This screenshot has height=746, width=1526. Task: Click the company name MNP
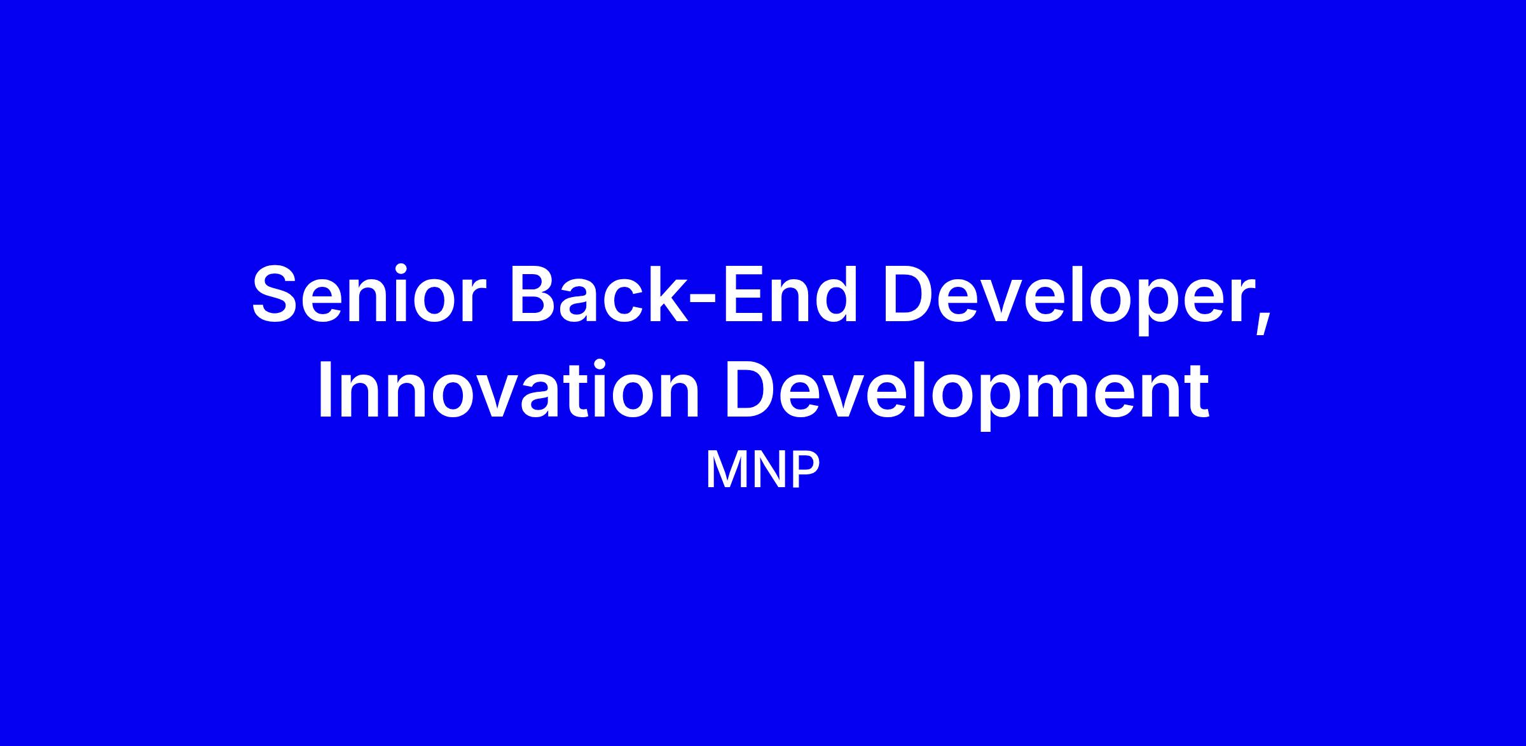[762, 471]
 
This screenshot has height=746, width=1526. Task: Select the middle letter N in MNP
[769, 471]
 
